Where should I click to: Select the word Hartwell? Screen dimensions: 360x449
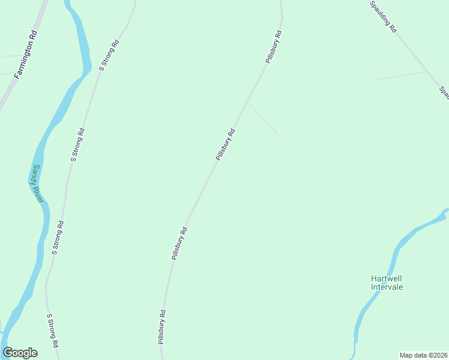pos(386,278)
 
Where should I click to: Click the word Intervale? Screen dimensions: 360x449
pos(387,287)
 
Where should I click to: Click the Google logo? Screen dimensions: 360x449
pos(20,353)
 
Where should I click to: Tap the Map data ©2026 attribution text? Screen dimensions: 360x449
pos(423,355)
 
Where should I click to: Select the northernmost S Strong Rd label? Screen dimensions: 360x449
pos(109,56)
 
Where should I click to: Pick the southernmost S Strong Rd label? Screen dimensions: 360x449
pos(53,331)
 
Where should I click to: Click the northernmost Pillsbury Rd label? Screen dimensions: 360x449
pos(274,47)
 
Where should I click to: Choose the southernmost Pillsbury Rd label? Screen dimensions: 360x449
pos(161,326)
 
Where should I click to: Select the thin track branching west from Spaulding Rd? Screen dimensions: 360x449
pos(401,76)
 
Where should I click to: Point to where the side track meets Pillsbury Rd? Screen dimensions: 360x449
pos(247,101)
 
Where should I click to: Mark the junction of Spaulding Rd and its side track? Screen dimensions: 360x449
pos(427,71)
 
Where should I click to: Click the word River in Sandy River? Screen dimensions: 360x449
pos(39,191)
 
